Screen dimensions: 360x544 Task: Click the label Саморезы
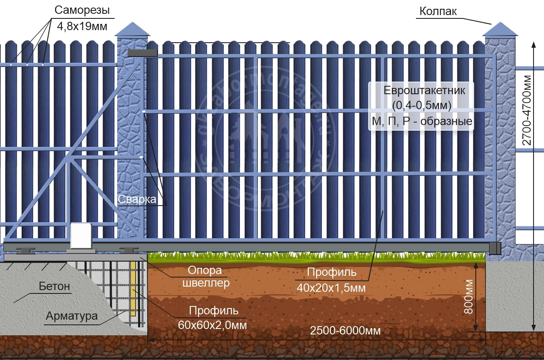tap(82, 10)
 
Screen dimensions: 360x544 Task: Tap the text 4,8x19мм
tap(82, 27)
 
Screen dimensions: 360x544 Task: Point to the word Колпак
tap(438, 11)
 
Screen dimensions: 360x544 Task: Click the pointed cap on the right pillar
tap(500, 30)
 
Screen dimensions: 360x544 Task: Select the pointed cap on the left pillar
tap(132, 30)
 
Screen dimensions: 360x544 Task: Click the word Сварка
tap(136, 199)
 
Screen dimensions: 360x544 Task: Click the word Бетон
tap(54, 287)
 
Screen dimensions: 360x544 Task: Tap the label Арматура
tap(72, 316)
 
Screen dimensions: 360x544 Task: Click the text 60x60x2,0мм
tap(214, 324)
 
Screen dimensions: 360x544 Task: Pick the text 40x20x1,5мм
tap(332, 288)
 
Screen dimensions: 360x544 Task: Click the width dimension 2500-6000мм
tap(345, 331)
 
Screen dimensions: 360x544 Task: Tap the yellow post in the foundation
tap(133, 289)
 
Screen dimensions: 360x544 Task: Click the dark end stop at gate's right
tap(495, 248)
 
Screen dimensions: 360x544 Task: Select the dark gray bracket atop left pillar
tap(142, 53)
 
